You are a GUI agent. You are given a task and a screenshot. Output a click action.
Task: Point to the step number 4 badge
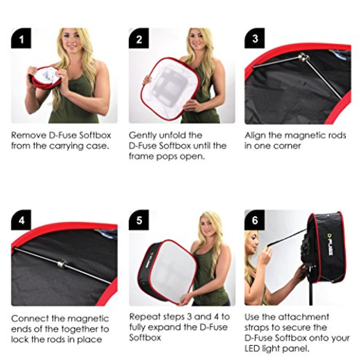21,220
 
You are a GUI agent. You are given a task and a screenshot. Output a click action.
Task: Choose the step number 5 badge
139,220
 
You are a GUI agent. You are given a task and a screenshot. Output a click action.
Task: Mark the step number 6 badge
255,220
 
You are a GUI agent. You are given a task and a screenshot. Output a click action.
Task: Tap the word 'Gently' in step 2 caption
143,136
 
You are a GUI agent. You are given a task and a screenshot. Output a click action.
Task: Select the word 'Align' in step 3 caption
255,136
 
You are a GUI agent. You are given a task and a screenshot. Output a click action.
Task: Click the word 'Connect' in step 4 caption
29,318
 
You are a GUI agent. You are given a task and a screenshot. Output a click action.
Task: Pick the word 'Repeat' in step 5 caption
143,317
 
